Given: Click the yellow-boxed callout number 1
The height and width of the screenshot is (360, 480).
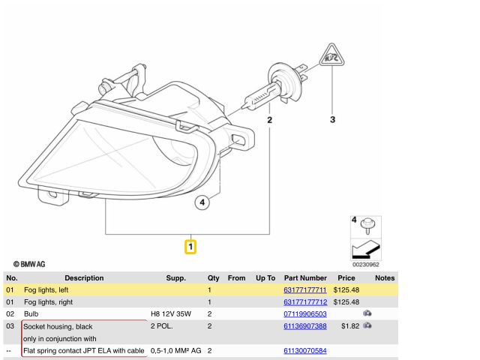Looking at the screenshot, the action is coord(190,247).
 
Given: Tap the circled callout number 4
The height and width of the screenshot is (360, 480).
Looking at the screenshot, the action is coord(202,202).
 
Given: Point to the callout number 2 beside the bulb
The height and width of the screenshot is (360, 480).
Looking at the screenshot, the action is coord(269,120).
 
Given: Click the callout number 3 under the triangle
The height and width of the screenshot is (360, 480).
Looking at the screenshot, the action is coord(332,120).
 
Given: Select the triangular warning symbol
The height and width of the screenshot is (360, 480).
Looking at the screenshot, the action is coord(331,55).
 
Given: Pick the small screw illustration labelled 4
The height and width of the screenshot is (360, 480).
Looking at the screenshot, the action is coord(367,226).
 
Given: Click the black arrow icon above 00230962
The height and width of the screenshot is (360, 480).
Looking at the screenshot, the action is coord(366,249).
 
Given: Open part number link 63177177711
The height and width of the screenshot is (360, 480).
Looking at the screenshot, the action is coord(305,290).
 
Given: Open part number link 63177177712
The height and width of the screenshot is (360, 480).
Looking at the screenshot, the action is coord(305,302).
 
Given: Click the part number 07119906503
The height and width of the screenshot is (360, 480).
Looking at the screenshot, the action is coord(305,314).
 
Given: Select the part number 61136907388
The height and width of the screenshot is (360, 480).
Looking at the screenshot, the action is coord(305,326).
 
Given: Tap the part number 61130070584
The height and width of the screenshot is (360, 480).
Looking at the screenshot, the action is coord(305,351).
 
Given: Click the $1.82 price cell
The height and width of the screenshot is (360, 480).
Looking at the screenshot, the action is coord(350,326).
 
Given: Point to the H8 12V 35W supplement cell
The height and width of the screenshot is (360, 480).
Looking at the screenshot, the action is coord(171,314).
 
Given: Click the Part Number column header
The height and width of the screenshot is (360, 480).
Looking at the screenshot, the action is coord(305,278).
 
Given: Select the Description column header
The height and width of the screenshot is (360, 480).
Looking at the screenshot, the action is coord(84,278).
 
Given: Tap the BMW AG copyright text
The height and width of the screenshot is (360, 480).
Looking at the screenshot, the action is coord(29,264).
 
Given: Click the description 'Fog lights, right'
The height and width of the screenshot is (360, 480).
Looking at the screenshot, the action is coord(48,302).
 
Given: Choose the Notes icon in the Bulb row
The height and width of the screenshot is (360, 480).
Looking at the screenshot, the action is coord(367,313).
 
